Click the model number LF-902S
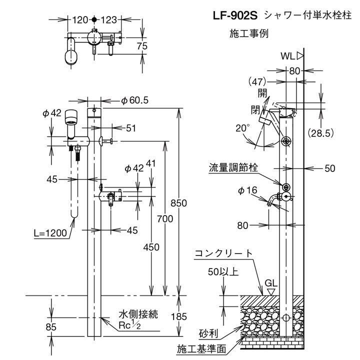[x=235, y=16]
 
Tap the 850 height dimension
[x=178, y=203]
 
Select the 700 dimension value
[x=163, y=218]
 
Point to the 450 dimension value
[x=150, y=247]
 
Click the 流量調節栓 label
[x=233, y=168]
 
